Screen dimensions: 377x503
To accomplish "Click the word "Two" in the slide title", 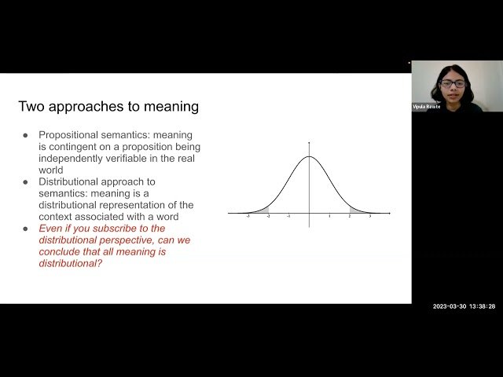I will [31, 106].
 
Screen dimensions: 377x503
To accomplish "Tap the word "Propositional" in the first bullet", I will [71, 135].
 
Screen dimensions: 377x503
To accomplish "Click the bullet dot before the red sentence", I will [26, 229].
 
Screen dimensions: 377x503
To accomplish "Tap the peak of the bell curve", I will [309, 156].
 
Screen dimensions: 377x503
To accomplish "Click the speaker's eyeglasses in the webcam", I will [453, 83].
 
